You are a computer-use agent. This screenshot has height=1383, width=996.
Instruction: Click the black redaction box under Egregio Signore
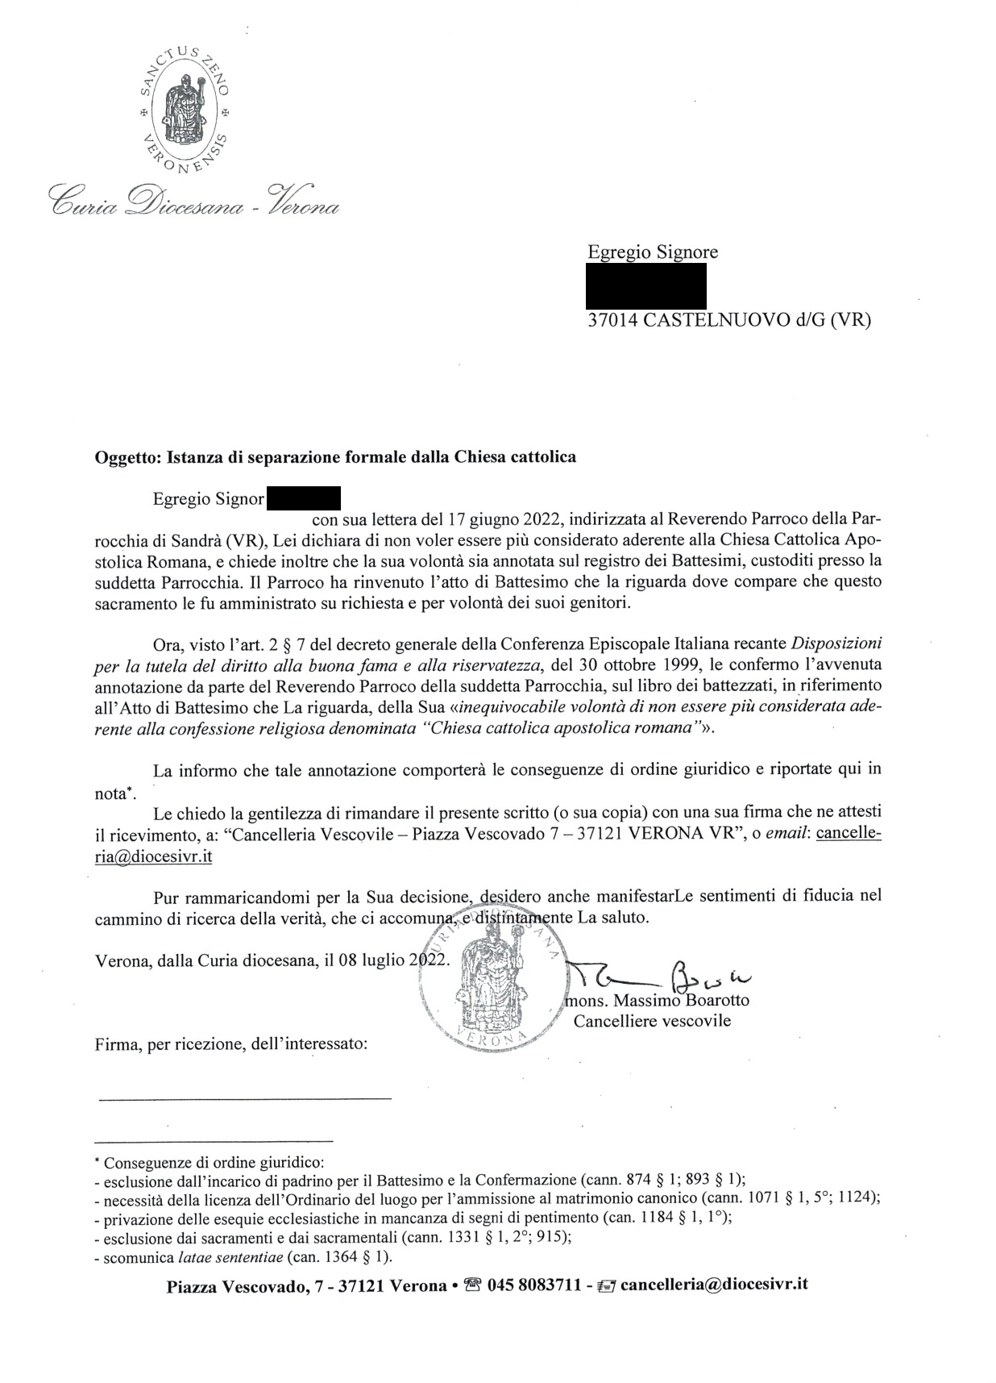(646, 286)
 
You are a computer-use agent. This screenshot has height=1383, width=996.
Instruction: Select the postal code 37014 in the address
(612, 320)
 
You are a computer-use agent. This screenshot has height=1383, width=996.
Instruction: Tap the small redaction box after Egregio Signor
(303, 498)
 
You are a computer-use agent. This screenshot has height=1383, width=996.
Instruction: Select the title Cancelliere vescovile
(652, 1021)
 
